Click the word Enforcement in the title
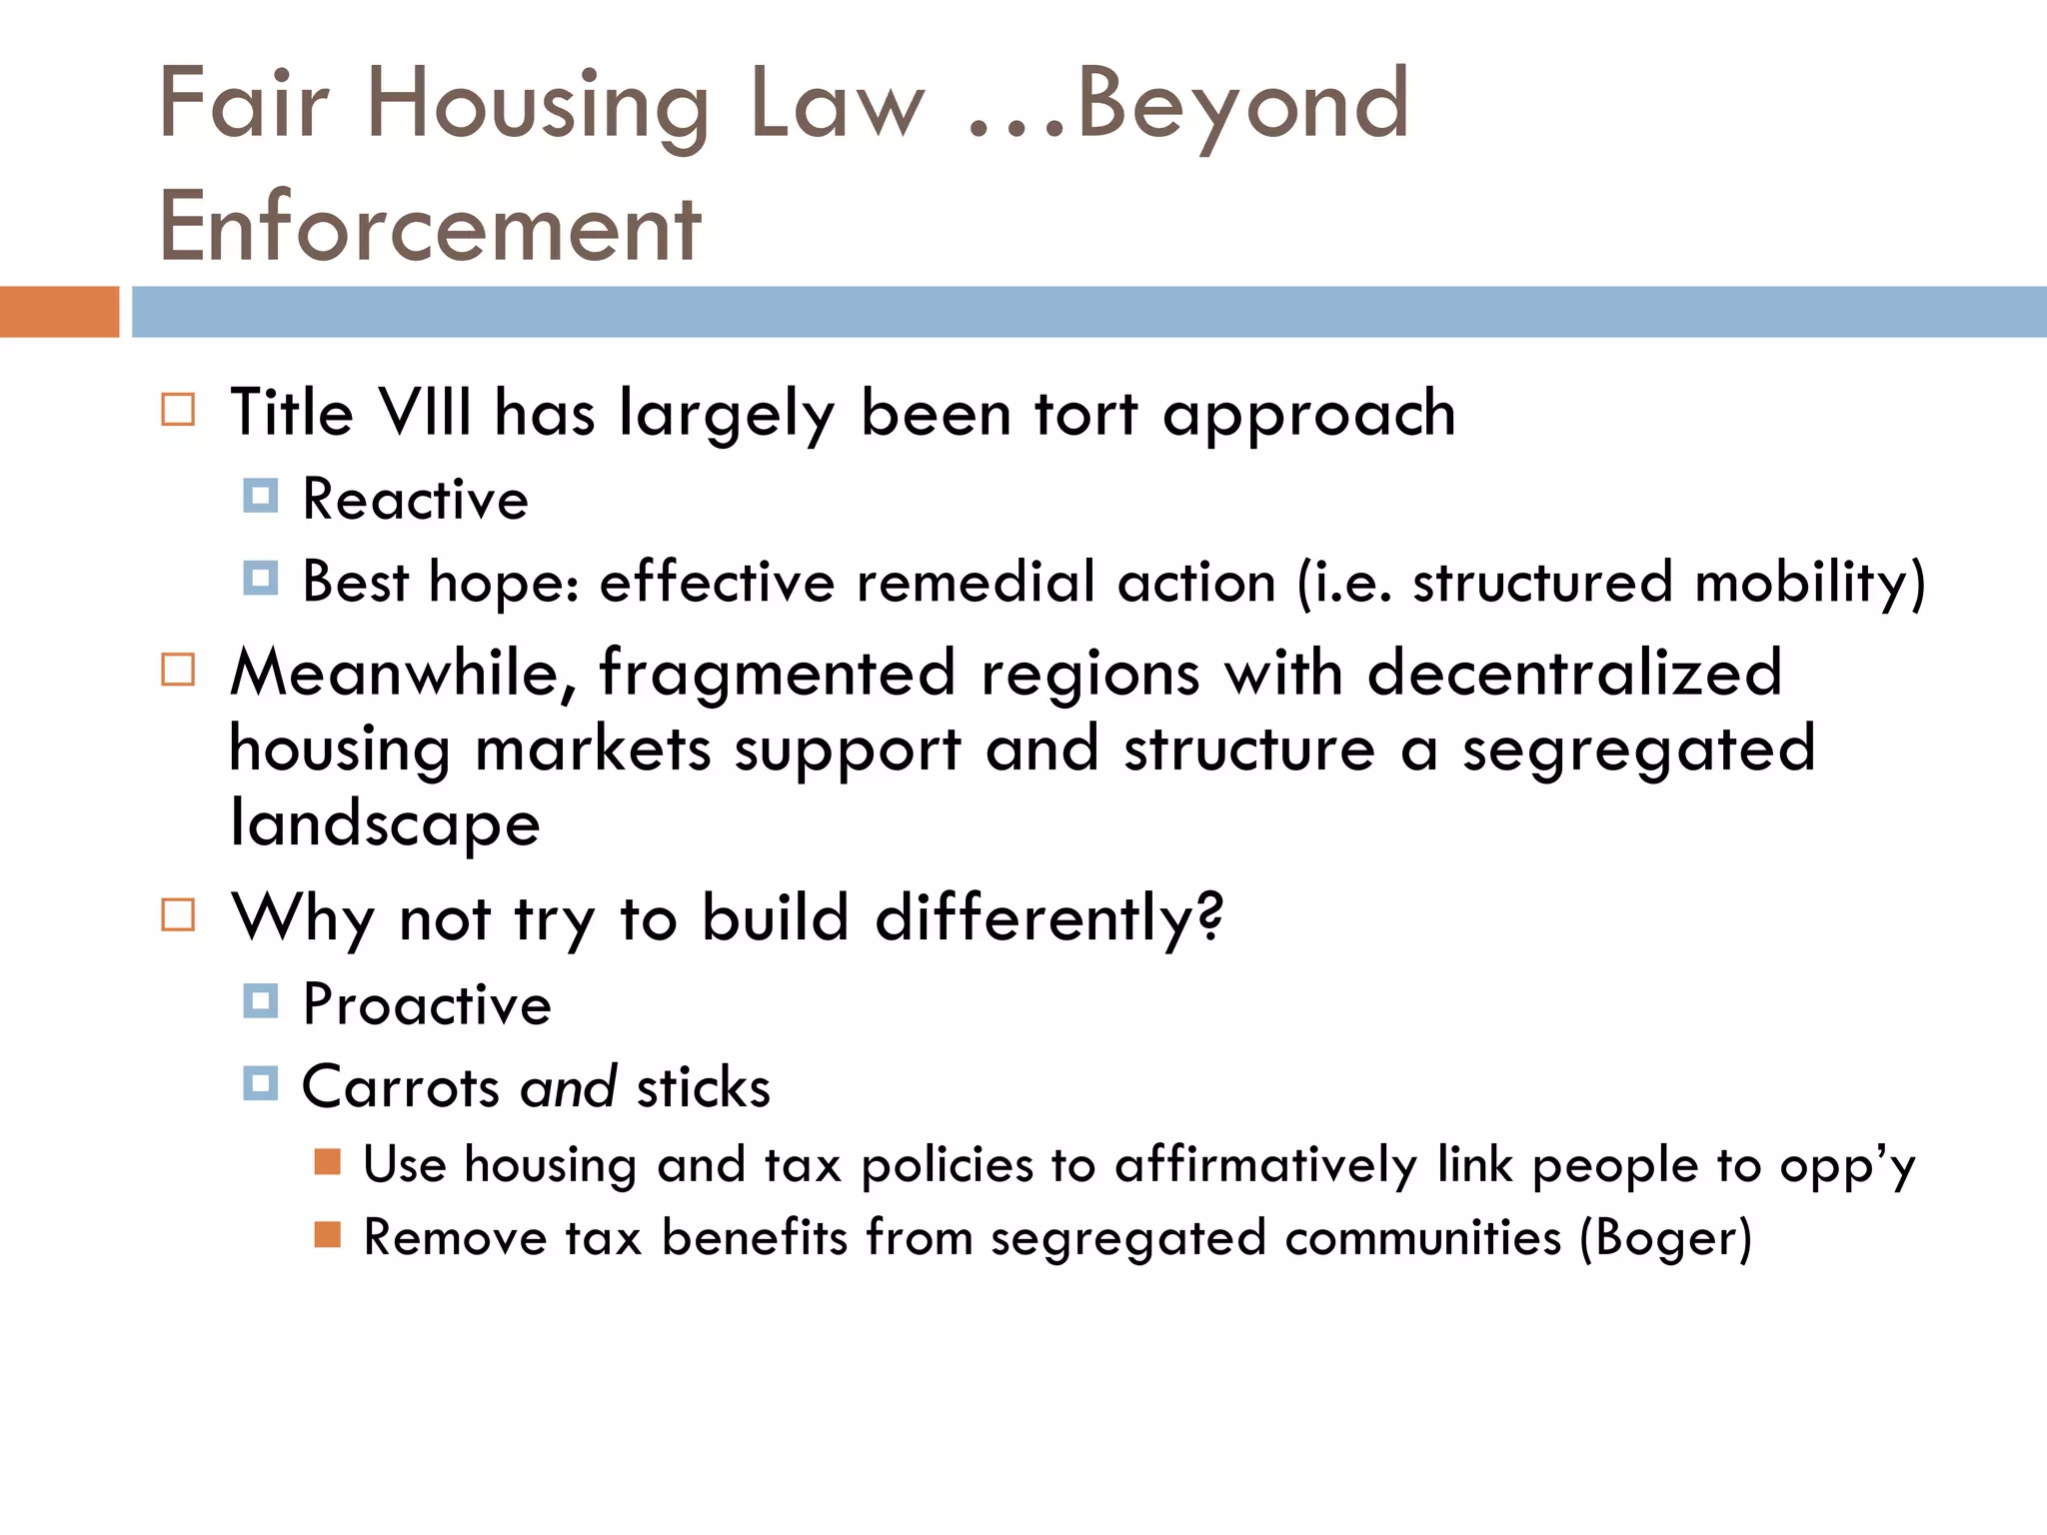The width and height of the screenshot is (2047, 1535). [430, 227]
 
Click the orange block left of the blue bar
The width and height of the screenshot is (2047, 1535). [59, 312]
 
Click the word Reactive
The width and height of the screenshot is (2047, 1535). [416, 499]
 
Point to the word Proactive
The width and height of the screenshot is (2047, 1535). [427, 1004]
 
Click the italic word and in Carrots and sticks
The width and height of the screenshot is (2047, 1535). [568, 1087]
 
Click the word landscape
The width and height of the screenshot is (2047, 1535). [385, 823]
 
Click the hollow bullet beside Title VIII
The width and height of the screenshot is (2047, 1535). [178, 410]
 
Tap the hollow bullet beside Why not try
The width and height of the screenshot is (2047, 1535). [178, 914]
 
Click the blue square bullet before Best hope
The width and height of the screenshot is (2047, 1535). [261, 578]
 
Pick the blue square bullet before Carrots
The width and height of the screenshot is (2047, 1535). [261, 1083]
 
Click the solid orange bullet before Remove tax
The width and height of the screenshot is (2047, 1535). [328, 1235]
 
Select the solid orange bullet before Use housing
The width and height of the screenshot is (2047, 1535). [328, 1161]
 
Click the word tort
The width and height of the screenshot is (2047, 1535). [1085, 413]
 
